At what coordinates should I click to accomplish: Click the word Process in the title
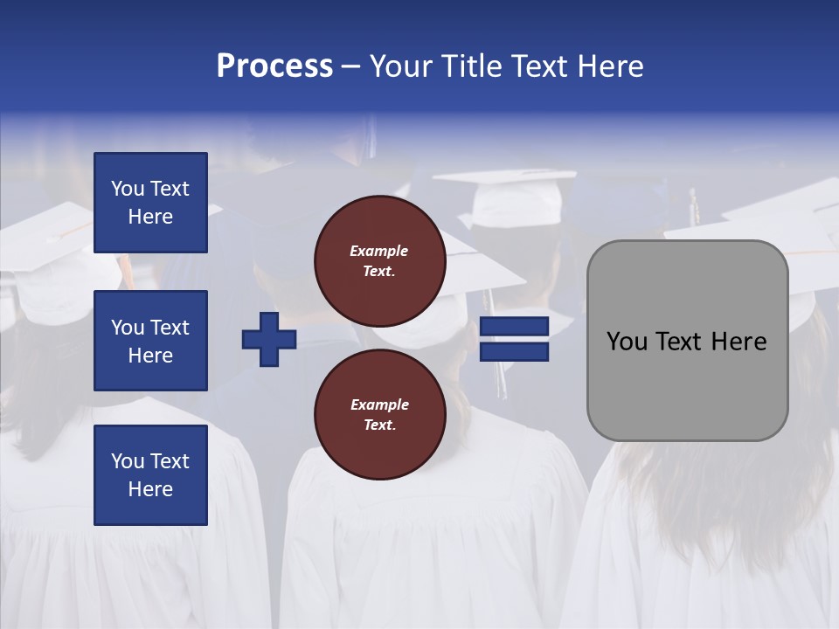pos(274,66)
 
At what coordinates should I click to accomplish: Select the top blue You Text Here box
pos(150,203)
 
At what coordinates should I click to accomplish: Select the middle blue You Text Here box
pos(150,341)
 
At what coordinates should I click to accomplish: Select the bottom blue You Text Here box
pos(150,474)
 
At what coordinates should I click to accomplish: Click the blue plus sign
pos(269,339)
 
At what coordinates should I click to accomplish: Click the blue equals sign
pos(515,339)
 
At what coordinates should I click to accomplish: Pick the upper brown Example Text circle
pos(380,260)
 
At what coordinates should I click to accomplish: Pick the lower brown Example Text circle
pos(380,414)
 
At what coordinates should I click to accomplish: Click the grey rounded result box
pos(687,341)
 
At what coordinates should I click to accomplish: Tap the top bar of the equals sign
pos(515,327)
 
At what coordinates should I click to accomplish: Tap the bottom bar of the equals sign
pos(515,351)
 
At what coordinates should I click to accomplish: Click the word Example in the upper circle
pos(379,251)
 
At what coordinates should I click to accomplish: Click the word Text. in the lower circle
pos(379,425)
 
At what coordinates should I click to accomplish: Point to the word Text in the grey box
pos(679,342)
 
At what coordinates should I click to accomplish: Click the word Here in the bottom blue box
pos(150,489)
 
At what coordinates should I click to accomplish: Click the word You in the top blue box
pos(128,189)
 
